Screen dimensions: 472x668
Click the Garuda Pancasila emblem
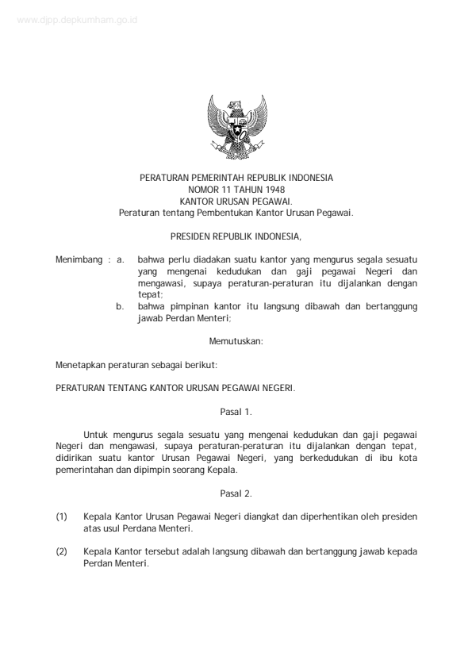coord(236,127)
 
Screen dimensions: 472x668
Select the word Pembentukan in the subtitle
coord(231,213)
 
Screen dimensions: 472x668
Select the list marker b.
coord(121,305)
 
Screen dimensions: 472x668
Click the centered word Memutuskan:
coord(236,341)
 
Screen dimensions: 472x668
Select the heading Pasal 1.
coord(236,411)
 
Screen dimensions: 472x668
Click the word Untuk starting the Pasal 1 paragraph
coord(95,435)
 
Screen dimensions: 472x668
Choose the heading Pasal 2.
coord(236,493)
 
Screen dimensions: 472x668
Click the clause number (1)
coord(62,516)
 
